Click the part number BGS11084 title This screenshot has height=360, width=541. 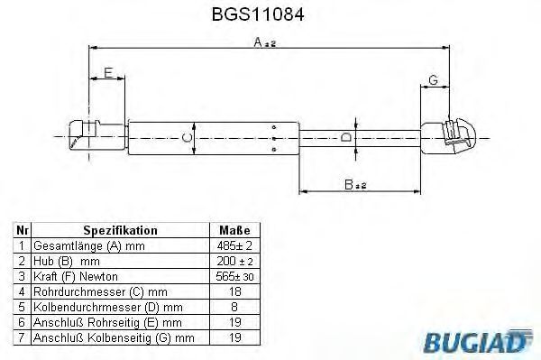pos(258,14)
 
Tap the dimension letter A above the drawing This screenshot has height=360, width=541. pos(258,42)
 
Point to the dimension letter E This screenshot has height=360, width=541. pos(108,73)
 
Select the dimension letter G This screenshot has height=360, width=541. pos(433,80)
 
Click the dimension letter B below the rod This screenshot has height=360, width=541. pos(349,185)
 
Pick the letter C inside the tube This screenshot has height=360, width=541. pos(187,138)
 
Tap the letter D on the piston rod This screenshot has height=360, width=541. pos(345,137)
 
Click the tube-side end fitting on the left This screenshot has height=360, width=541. pos(97,134)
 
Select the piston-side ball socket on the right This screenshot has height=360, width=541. pos(448,135)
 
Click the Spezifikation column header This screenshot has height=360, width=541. pos(120,230)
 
